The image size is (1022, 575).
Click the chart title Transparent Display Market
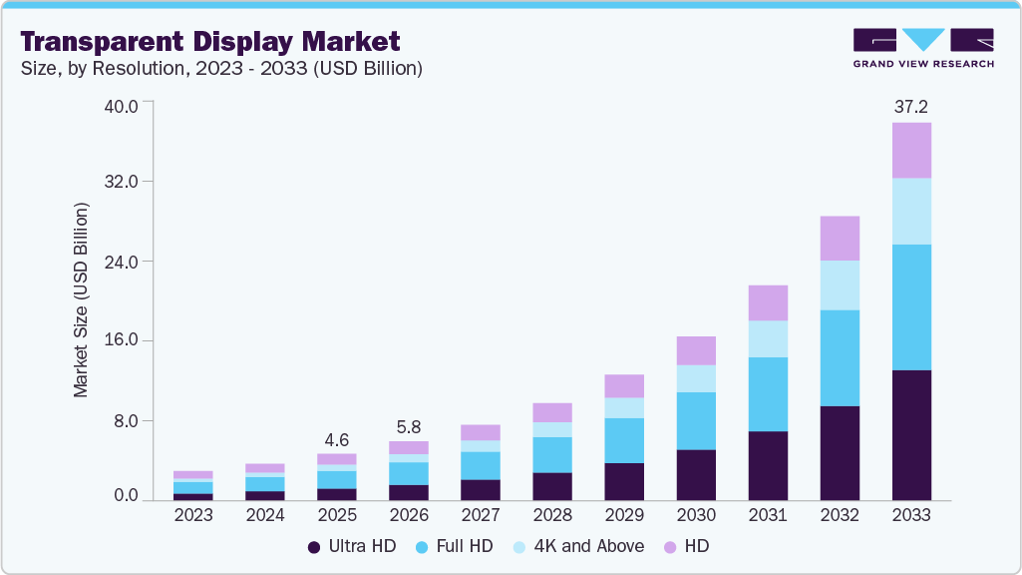210,41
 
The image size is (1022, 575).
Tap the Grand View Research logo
923,48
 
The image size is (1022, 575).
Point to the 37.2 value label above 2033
910,106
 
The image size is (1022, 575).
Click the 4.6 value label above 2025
336,439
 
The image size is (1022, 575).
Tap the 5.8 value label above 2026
408,426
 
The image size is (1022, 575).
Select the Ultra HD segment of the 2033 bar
910,434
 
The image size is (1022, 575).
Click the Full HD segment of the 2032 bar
839,357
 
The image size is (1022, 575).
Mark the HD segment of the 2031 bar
767,302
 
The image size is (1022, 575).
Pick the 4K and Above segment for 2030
695,378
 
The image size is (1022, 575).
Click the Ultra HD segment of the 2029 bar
623,481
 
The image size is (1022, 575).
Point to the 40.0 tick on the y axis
128,104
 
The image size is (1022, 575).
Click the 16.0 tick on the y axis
128,341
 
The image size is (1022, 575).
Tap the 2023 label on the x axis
192,516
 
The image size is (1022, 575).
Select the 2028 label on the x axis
551,516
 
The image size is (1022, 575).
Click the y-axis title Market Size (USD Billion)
82,299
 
